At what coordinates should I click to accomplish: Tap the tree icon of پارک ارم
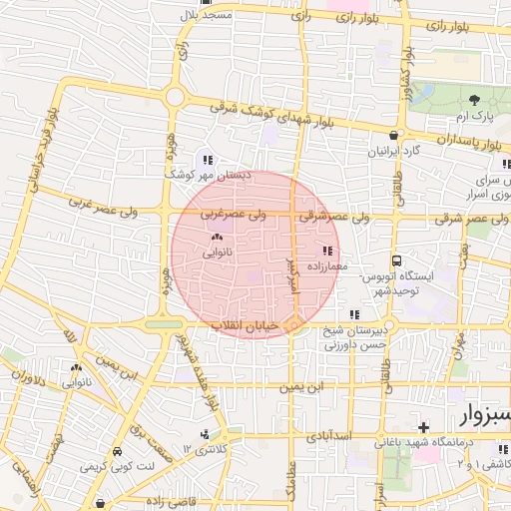tap(472, 100)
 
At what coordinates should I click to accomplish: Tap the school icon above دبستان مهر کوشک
tap(208, 159)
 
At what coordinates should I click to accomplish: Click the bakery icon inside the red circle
tap(217, 238)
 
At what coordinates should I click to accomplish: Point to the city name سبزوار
tap(484, 414)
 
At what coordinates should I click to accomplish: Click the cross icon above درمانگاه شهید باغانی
tap(423, 427)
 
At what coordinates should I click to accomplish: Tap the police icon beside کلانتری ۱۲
tap(205, 434)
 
